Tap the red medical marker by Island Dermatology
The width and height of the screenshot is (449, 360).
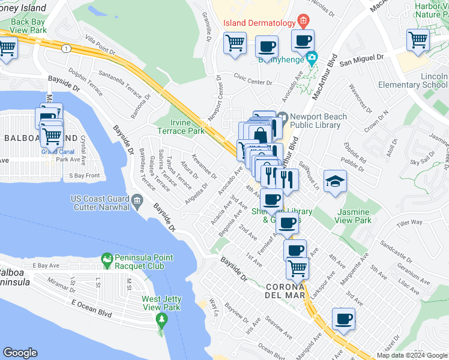coord(304,22)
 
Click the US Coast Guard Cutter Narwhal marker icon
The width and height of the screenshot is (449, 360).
coord(137,200)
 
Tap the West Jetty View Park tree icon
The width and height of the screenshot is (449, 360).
coord(161,317)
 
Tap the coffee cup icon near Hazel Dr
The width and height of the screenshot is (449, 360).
coord(343,319)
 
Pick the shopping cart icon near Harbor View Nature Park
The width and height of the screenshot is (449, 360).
coord(418,40)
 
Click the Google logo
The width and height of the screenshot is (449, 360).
coord(20,353)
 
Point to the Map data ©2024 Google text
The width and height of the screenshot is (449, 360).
coord(412,355)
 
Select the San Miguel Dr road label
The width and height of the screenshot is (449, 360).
coord(361,58)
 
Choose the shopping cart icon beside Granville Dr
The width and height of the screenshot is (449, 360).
coord(235,43)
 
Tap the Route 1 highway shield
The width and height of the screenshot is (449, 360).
coord(65,47)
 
